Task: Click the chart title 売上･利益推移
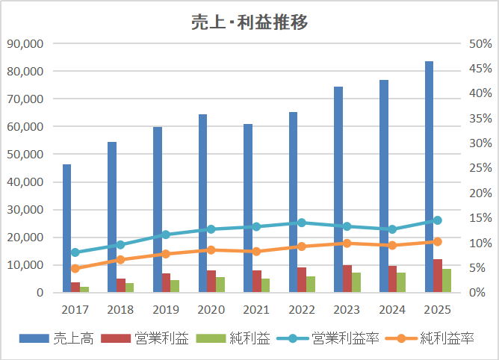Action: (x=249, y=22)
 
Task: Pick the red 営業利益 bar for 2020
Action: (x=211, y=282)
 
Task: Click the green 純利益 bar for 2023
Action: (x=356, y=282)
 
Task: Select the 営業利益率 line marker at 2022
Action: (x=302, y=223)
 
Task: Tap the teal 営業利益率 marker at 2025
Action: (x=438, y=220)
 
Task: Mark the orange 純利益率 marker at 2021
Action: (x=256, y=252)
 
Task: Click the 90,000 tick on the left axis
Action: (x=25, y=44)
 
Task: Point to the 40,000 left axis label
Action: (x=25, y=182)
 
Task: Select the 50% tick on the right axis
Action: (x=479, y=44)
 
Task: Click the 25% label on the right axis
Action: (x=479, y=168)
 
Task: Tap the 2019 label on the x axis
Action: (x=166, y=308)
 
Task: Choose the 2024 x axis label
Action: (x=392, y=308)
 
